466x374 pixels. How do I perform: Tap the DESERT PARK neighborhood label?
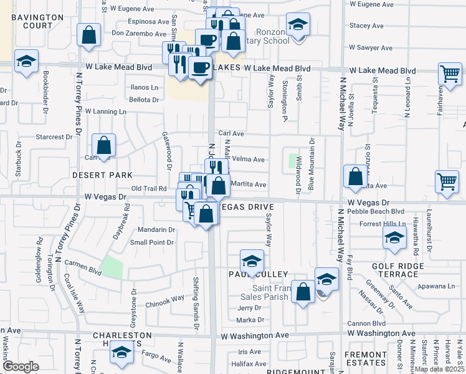(93, 175)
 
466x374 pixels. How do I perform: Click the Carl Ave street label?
(231, 133)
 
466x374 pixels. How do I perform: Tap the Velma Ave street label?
(248, 160)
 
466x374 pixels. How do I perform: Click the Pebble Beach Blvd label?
(378, 211)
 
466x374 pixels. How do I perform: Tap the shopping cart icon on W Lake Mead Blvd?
(449, 74)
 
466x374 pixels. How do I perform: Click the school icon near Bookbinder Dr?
(26, 62)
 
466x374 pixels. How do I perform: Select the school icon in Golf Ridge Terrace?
(394, 237)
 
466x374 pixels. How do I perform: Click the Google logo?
(21, 367)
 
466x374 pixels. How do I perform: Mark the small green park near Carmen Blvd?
(112, 267)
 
